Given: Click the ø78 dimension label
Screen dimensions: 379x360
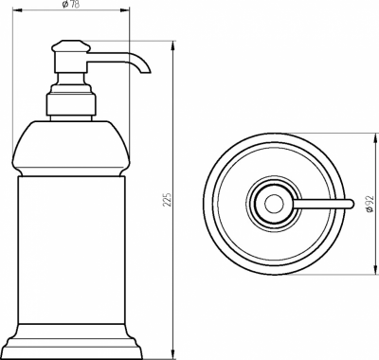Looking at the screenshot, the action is coord(71,5).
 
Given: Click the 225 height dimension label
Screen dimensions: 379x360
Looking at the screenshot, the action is coord(168,199).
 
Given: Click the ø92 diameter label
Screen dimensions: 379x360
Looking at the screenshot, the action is coord(370,204).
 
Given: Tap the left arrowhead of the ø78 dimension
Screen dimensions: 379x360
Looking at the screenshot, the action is coord(16,10).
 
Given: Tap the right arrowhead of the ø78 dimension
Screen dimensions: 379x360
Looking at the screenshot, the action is coord(125,10).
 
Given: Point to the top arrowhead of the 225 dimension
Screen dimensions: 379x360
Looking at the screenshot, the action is coord(172,45).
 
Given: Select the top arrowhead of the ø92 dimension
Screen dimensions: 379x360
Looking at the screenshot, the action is coord(376,137).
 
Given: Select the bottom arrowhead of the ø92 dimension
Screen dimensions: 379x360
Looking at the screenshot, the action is coord(376,269).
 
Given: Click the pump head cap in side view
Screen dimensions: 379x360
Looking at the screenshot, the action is coord(71,45).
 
